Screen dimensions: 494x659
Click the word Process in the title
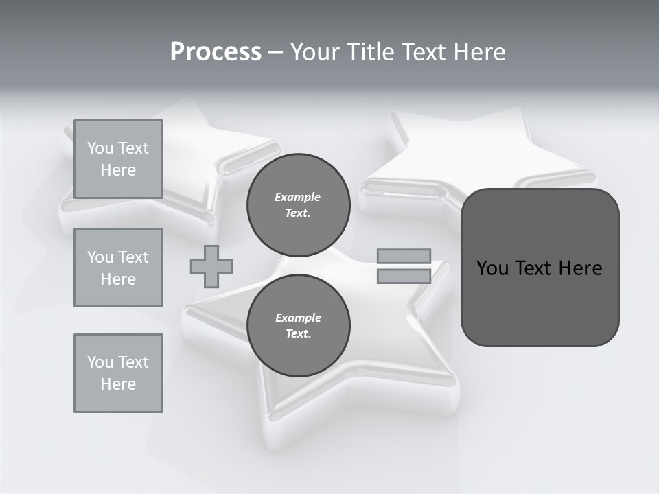coord(216,52)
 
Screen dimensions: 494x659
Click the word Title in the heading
coord(372,52)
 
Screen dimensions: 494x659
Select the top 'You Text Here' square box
coord(118,159)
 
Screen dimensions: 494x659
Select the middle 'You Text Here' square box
coord(118,268)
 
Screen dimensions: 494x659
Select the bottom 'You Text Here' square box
coord(118,373)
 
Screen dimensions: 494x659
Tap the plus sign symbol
coord(211,266)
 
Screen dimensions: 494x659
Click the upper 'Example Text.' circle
coord(298,204)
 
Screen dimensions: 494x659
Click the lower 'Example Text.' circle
coord(298,325)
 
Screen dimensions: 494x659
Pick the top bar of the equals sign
coord(404,257)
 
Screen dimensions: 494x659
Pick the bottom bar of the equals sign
coord(404,277)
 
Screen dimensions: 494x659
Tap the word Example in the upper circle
coord(298,197)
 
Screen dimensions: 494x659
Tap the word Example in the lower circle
coord(298,318)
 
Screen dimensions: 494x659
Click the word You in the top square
coord(100,148)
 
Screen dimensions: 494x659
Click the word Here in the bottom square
coord(118,384)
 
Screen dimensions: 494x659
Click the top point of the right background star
coord(397,117)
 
